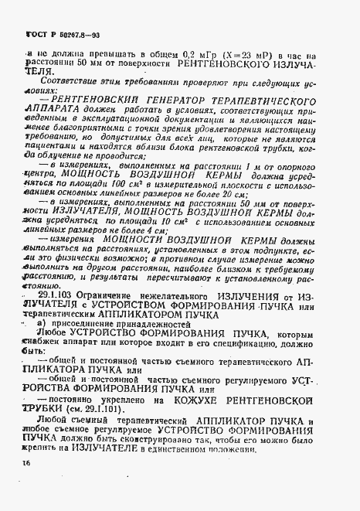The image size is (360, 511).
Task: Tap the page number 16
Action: click(x=17, y=463)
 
